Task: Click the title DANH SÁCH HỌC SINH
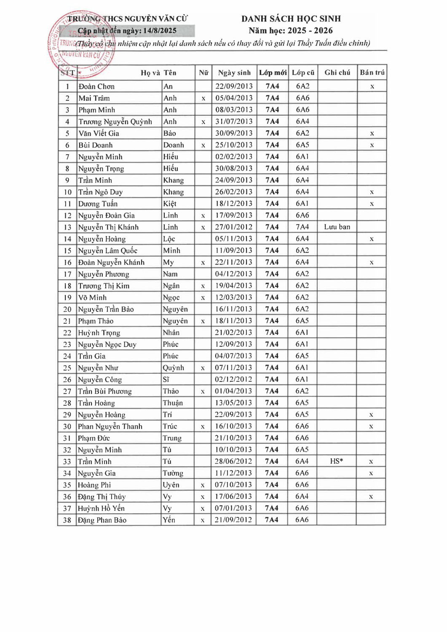coord(291,19)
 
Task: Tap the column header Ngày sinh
coord(234,72)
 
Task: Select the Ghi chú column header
coord(337,72)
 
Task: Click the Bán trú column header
coord(372,72)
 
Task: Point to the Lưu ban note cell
coord(337,227)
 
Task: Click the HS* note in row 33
coord(336,461)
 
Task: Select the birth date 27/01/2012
coord(234,227)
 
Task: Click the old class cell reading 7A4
coord(302,227)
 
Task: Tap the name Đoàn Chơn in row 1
coord(96,86)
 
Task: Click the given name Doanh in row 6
coord(174,145)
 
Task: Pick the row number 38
coord(67,520)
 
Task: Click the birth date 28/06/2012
coord(233,461)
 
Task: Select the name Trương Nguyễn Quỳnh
coord(115,122)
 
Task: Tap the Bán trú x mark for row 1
coord(372,87)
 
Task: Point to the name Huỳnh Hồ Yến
coord(101,509)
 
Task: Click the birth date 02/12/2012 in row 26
coord(233,380)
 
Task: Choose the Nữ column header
coord(203,72)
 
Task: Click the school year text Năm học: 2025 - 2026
coord(290,31)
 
